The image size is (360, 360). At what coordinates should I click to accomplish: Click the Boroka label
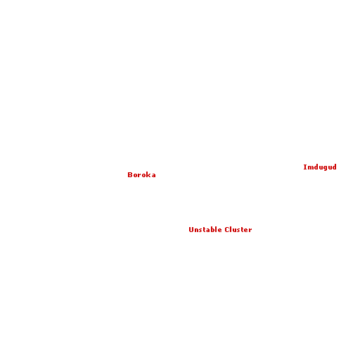point(141,175)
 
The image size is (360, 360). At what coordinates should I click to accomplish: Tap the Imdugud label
point(320,167)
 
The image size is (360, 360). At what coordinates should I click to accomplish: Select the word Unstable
point(205,229)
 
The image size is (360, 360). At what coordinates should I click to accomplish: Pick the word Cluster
point(238,229)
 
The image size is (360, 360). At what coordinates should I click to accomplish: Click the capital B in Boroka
point(130,175)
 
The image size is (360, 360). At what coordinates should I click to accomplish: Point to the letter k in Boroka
point(148,175)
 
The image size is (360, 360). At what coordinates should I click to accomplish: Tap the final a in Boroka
point(153,176)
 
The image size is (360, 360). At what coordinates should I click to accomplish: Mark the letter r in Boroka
point(139,176)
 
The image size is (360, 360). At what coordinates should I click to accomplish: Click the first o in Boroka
point(135,176)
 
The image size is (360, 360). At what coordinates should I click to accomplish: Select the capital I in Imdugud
point(305,167)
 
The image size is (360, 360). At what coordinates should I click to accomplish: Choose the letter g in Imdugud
point(323,168)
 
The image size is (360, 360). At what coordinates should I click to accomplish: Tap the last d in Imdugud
point(335,167)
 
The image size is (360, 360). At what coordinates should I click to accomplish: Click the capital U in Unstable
point(191,230)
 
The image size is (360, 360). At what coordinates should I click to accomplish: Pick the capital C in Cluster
point(227,230)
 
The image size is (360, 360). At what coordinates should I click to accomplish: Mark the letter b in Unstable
point(212,229)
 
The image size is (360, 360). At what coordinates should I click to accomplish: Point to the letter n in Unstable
point(196,231)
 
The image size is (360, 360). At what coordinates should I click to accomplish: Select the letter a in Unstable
point(207,231)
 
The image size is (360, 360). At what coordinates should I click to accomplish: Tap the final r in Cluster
point(250,231)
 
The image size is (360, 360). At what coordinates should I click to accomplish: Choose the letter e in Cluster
point(246,231)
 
